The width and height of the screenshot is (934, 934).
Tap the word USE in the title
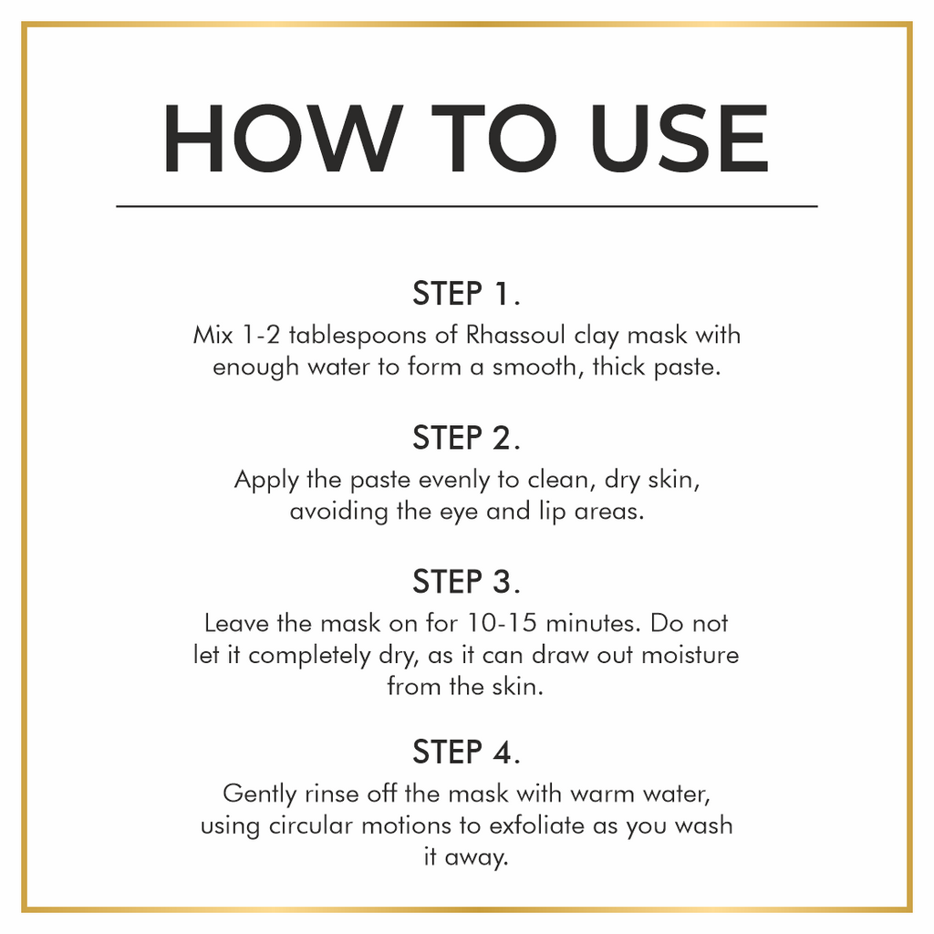coord(680,139)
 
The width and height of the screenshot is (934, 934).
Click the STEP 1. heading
coord(466,293)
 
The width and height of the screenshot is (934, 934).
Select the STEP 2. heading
coord(466,438)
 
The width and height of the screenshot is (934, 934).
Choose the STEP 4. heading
coord(466,752)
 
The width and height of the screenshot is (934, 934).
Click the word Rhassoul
coord(515,335)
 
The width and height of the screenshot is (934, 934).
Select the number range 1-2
coord(261,335)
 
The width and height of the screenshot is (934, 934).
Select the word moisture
coord(690,655)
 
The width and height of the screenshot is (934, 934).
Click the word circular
coord(310,825)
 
